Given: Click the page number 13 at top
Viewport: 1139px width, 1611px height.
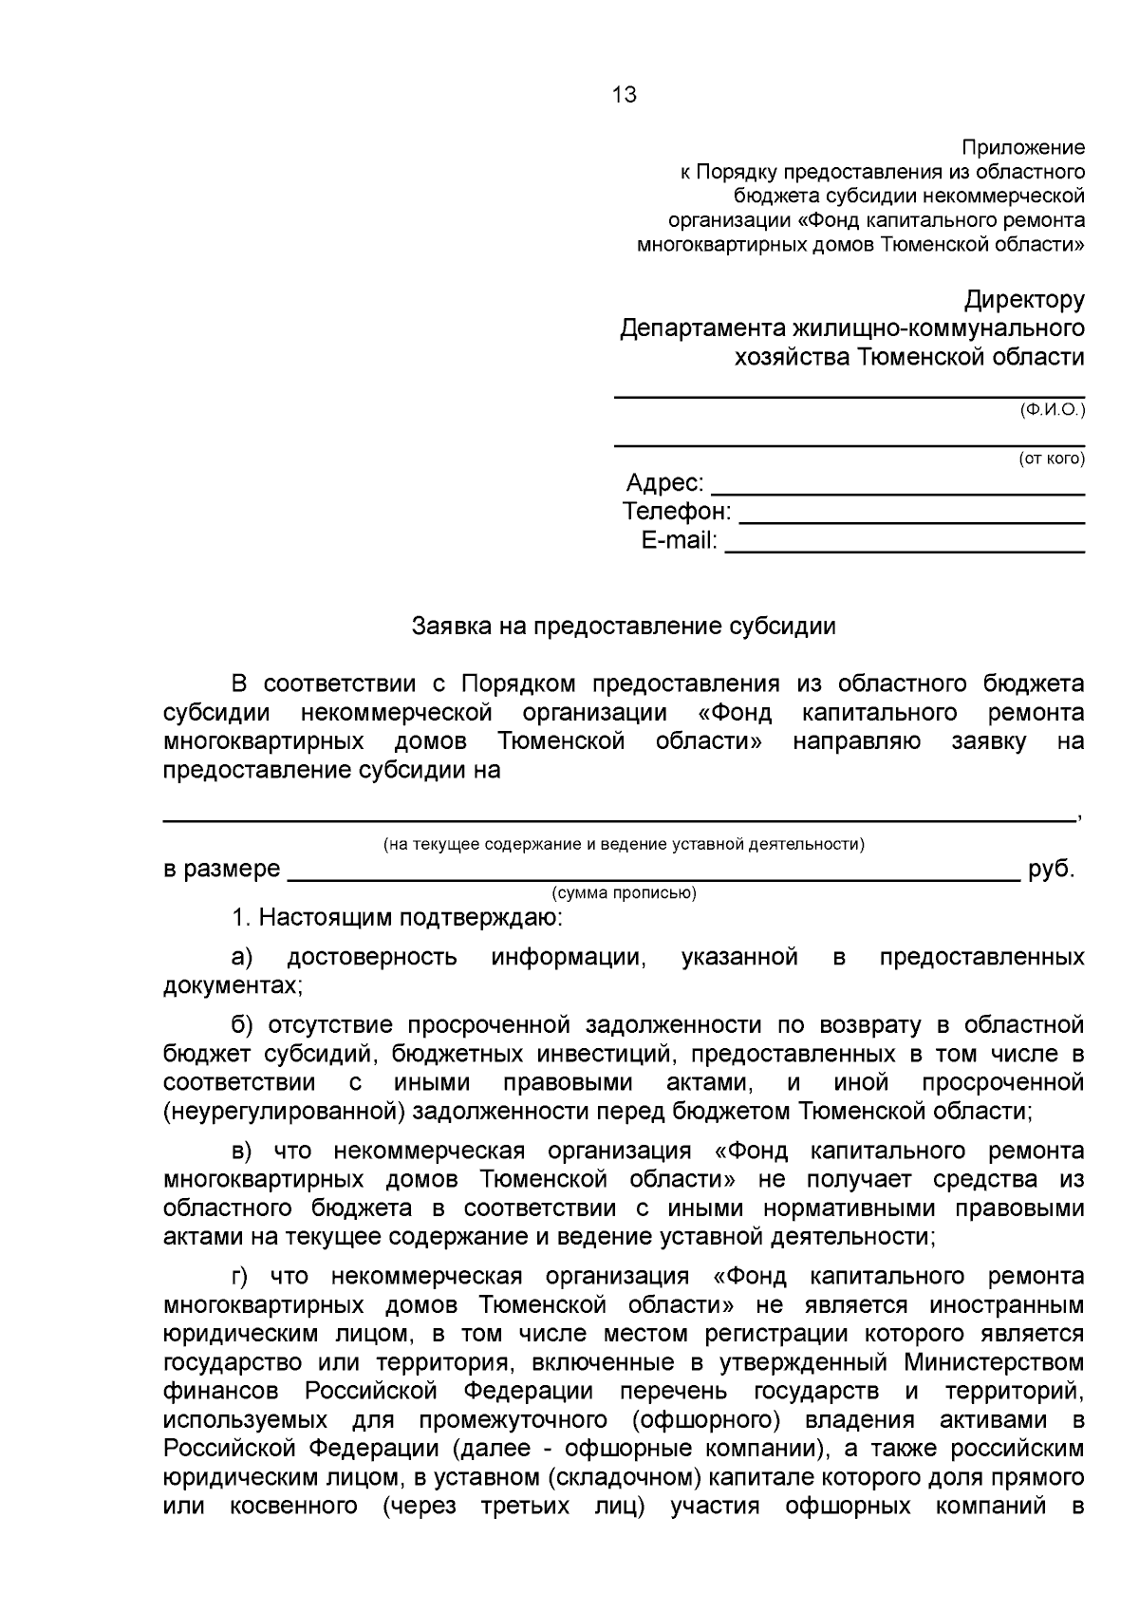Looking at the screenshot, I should point(625,95).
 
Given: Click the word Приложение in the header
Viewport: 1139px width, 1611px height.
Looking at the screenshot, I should point(1023,148).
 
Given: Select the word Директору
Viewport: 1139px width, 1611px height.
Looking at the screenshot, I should point(1024,301).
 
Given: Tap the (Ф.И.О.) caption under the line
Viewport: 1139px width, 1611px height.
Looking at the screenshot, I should point(1052,410).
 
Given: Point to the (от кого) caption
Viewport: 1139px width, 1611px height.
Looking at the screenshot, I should point(1051,459).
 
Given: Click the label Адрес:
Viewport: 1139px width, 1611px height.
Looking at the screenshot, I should point(664,483).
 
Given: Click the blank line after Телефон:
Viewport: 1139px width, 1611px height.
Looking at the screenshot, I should point(911,521).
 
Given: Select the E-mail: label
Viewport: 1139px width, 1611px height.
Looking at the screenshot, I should point(680,542).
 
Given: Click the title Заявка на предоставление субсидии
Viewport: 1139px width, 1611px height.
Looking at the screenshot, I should point(624,627).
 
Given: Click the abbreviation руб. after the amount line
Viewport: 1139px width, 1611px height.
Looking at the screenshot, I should point(1052,870).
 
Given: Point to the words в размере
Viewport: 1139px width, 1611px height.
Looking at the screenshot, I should point(221,870).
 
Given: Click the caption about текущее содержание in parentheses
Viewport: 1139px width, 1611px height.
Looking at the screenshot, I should point(624,844).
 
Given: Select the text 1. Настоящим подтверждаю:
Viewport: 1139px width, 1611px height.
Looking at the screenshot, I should point(397,919).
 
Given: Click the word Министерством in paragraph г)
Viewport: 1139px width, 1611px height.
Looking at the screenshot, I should point(994,1362).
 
